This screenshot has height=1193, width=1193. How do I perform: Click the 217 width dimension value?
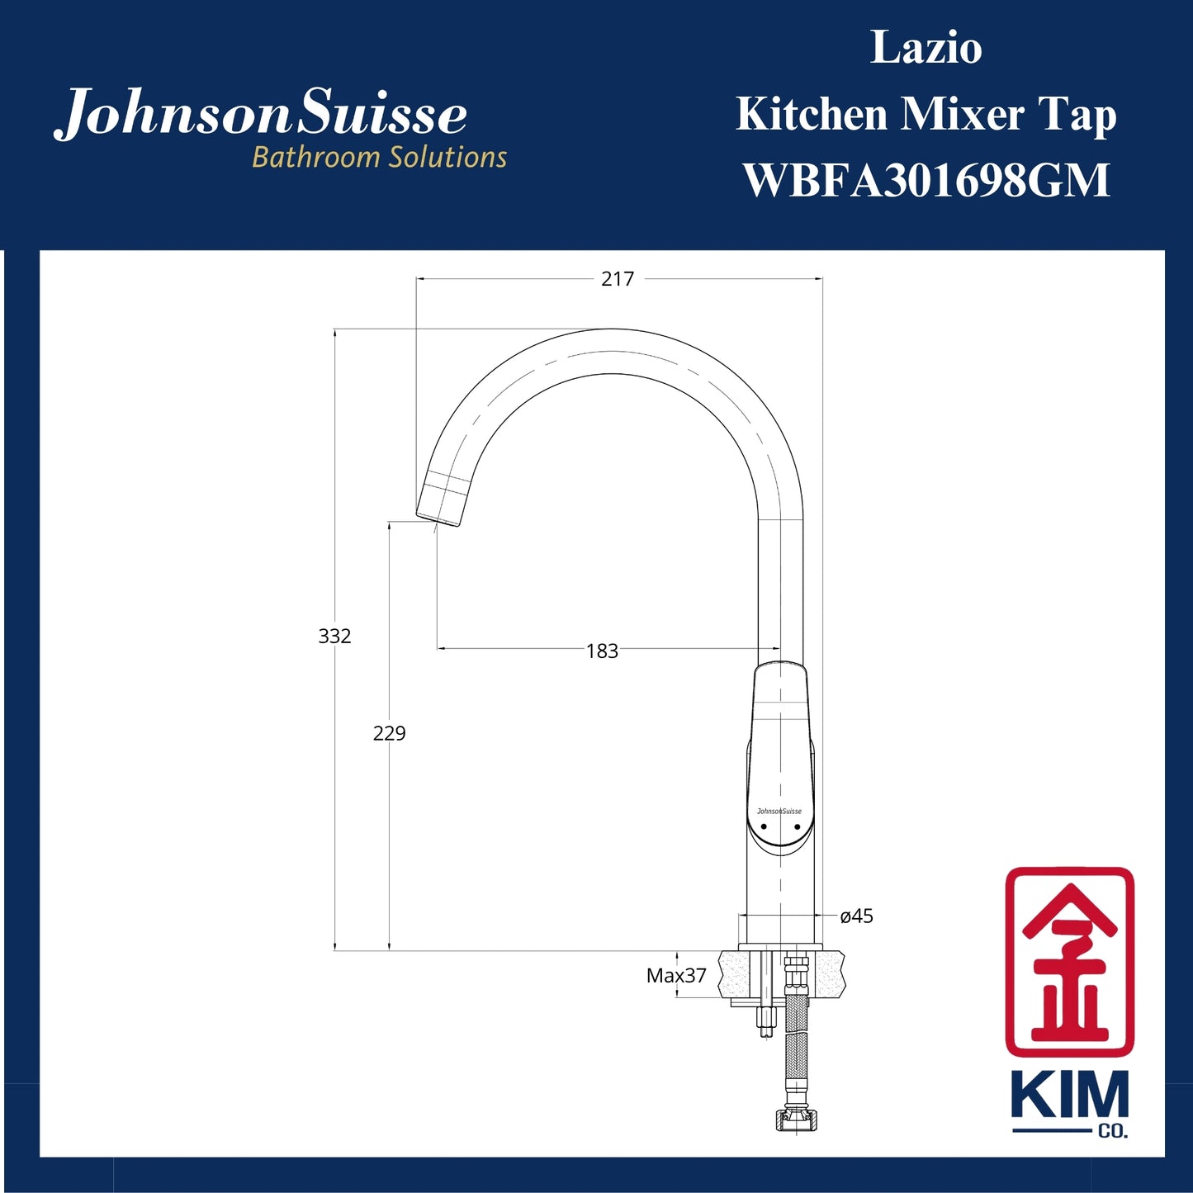coord(618,279)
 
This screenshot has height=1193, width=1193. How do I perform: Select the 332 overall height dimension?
coord(334,636)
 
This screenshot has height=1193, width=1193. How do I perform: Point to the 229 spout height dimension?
coord(389,733)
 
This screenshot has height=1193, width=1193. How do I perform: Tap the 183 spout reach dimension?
coord(602,651)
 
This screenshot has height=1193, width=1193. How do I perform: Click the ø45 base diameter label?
coord(856,916)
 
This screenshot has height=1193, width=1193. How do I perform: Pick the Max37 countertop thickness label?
coord(676,976)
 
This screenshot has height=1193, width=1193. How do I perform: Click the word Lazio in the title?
coord(926,48)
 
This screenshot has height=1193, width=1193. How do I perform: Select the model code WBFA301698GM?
coord(926,180)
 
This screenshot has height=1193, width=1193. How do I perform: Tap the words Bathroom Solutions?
coord(379,157)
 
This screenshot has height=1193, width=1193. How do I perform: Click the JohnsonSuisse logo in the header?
coord(261,114)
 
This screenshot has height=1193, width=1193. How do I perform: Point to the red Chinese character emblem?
coord(1069,962)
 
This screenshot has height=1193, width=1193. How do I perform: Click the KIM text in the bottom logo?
coord(1069,1096)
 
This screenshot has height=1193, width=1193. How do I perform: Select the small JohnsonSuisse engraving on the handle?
coord(779,811)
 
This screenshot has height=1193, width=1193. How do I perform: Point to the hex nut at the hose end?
coord(793,1120)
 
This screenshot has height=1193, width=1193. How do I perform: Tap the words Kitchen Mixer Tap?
coord(926,114)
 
